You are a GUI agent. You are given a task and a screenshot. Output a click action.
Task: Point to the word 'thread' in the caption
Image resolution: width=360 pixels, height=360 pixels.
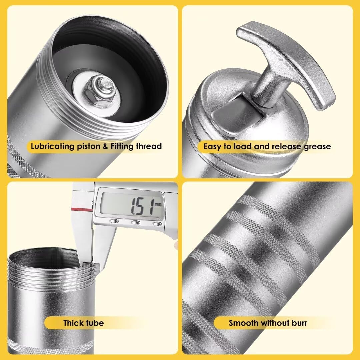tap(149, 146)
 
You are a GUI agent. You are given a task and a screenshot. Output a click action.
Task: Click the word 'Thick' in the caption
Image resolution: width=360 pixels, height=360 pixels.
tap(73, 323)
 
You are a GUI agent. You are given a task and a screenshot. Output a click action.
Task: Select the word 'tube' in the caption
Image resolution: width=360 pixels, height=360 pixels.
tap(95, 323)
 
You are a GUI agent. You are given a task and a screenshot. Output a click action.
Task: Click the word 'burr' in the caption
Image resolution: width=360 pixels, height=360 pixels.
tap(299, 323)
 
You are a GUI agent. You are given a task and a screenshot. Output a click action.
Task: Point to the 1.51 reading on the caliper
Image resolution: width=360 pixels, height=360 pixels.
tap(143, 206)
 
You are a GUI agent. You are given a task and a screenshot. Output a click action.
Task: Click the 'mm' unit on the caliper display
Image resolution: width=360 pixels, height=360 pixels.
tap(158, 204)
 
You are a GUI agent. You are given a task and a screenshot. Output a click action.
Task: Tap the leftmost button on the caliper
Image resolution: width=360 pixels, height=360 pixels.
tap(114, 221)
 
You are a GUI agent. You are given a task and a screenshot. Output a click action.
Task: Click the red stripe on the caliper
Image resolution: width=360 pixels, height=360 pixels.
tap(82, 209)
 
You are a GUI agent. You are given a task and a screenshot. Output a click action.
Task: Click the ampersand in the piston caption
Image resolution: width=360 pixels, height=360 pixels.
tap(105, 146)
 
